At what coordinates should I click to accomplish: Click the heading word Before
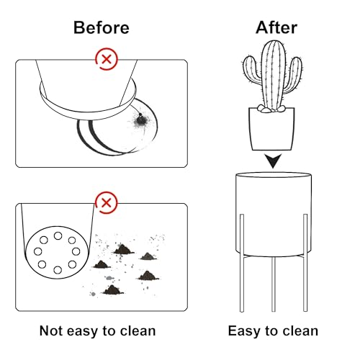(x=102, y=27)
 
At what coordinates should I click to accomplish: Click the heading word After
(x=276, y=27)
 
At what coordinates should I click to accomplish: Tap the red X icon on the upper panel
(x=107, y=59)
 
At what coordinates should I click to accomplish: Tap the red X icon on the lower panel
(x=107, y=203)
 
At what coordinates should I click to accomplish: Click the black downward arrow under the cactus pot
(x=273, y=161)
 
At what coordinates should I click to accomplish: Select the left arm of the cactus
(x=251, y=70)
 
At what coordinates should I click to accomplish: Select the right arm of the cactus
(x=293, y=74)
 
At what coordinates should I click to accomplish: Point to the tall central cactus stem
(x=273, y=73)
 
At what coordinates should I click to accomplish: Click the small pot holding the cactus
(x=271, y=130)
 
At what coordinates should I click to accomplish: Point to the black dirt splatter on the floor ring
(x=140, y=121)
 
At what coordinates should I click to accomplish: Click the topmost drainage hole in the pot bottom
(x=58, y=236)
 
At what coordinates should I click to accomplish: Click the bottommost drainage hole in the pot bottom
(x=58, y=270)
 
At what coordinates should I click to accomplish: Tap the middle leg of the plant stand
(x=274, y=284)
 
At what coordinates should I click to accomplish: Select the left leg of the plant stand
(x=242, y=263)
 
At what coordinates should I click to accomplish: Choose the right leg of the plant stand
(x=305, y=263)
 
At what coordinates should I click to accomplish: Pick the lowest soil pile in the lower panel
(x=113, y=289)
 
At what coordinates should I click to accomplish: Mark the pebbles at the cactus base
(x=271, y=109)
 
